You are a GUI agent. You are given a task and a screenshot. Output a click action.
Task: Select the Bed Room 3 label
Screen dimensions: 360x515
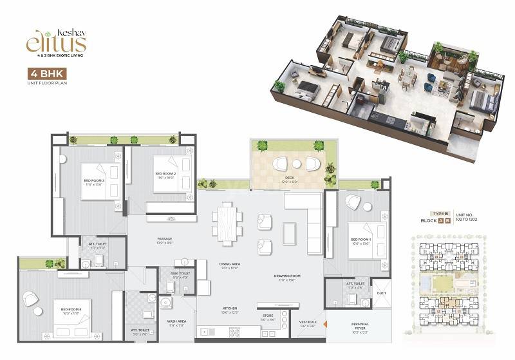pos(93,182)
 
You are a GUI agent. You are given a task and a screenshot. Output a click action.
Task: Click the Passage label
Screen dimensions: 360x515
pos(165,240)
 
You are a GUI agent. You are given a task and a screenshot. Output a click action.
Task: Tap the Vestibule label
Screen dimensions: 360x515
pos(308,323)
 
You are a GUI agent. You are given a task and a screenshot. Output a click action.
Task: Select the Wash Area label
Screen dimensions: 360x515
pos(176,323)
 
